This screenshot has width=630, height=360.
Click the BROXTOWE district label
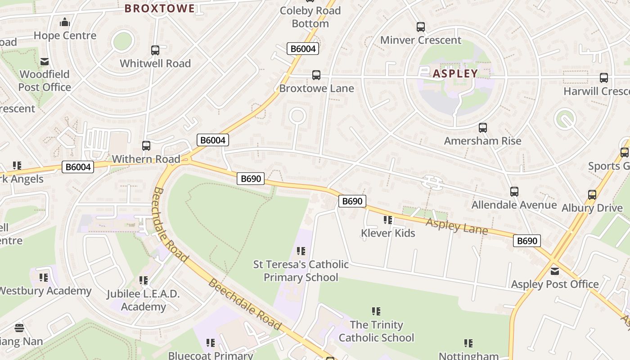click(159, 8)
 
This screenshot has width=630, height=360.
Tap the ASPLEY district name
click(455, 73)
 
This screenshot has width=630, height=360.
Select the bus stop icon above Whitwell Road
click(155, 50)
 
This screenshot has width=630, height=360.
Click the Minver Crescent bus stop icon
click(421, 27)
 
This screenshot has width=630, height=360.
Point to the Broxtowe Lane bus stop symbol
click(316, 75)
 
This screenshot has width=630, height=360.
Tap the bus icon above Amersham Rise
click(483, 128)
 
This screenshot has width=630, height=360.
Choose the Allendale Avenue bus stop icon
click(514, 192)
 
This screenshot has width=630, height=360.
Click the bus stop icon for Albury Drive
click(592, 195)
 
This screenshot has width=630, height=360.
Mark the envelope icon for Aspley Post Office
click(555, 271)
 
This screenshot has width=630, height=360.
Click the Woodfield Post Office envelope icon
click(45, 62)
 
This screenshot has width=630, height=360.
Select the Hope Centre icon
click(65, 22)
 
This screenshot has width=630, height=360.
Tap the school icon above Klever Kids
click(388, 220)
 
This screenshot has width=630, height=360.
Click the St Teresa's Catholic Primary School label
click(301, 270)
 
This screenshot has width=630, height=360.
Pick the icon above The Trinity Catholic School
click(376, 311)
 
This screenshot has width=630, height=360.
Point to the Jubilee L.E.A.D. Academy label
click(143, 300)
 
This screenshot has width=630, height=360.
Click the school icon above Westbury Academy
click(44, 278)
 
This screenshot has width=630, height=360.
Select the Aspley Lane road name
click(456, 226)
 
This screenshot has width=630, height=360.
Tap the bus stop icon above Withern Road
click(146, 146)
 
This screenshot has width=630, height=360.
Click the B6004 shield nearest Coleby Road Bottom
click(303, 49)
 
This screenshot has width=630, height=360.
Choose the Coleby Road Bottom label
click(310, 17)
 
